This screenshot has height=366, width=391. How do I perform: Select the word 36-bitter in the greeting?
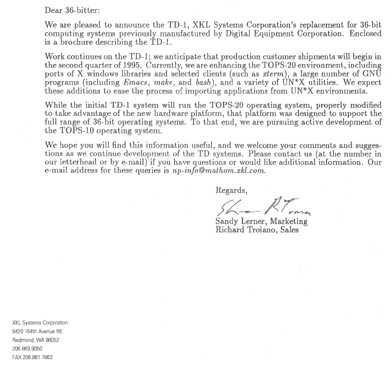(83, 9)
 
